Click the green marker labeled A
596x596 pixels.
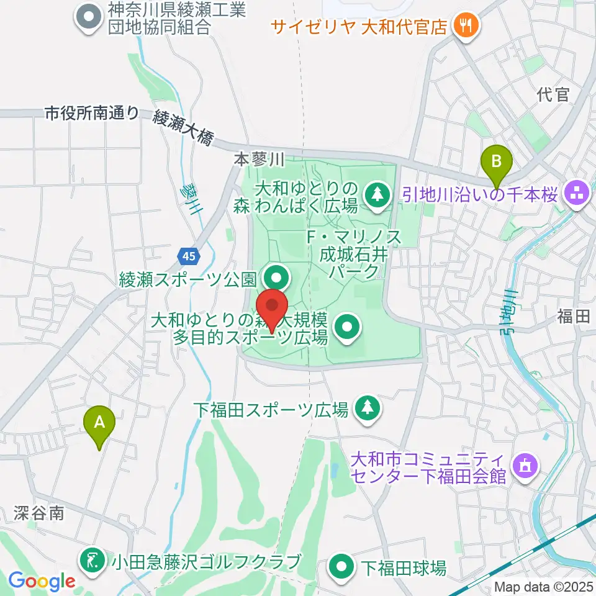[x=99, y=424]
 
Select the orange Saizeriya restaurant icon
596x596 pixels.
[x=464, y=26]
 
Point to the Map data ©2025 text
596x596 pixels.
[x=544, y=587]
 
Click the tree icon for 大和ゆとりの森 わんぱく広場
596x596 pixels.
[x=375, y=194]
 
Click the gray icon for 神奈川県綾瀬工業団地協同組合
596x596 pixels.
[x=89, y=18]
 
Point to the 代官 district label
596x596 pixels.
[x=553, y=94]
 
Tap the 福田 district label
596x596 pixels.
[x=572, y=317]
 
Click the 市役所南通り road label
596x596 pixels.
[x=92, y=112]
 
